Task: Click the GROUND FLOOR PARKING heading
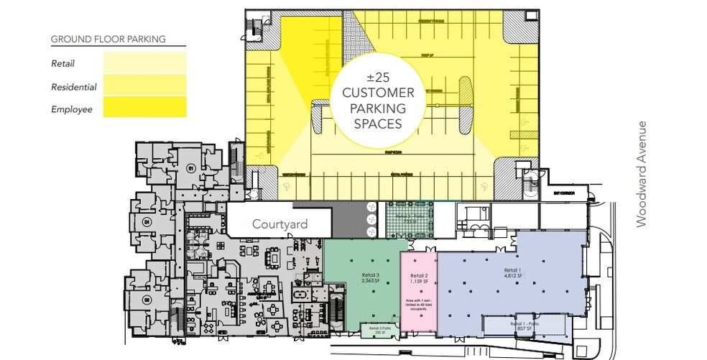click(108, 39)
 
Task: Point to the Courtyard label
click(279, 224)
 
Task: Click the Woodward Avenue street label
click(642, 175)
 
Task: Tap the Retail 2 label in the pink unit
click(419, 279)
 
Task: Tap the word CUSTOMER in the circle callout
click(378, 93)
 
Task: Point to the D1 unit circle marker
click(147, 222)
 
